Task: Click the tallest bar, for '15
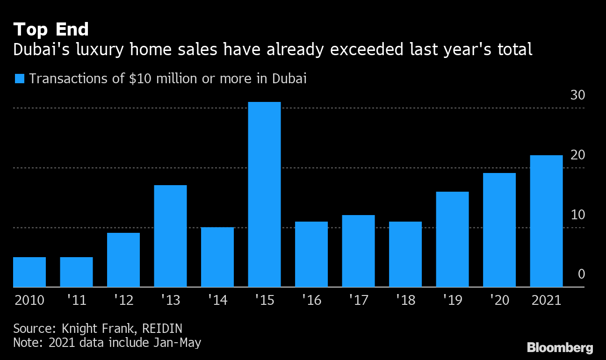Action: coord(264,194)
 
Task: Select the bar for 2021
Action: coord(546,221)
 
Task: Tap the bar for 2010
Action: coord(29,272)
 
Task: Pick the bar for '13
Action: coord(170,236)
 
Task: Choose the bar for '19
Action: coord(452,239)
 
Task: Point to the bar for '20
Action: coord(499,230)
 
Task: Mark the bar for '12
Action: coord(123,259)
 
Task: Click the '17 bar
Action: coord(358,251)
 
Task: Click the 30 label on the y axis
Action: coord(578,95)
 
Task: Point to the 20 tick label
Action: coord(578,155)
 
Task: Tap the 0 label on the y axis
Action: coord(581,274)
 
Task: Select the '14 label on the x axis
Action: coord(217,300)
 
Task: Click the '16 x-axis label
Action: coord(311,300)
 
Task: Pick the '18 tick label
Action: coord(405,300)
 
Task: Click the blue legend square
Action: coord(19,79)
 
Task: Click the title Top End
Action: coord(51,29)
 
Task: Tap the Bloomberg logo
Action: coord(560,348)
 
